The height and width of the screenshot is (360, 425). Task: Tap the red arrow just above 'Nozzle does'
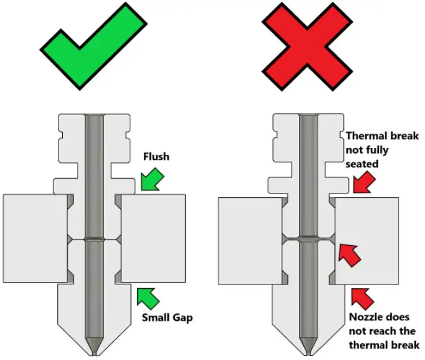point(361,297)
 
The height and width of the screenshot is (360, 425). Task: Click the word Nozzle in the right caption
point(363,318)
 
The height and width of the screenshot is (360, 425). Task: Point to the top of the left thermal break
point(93,117)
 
